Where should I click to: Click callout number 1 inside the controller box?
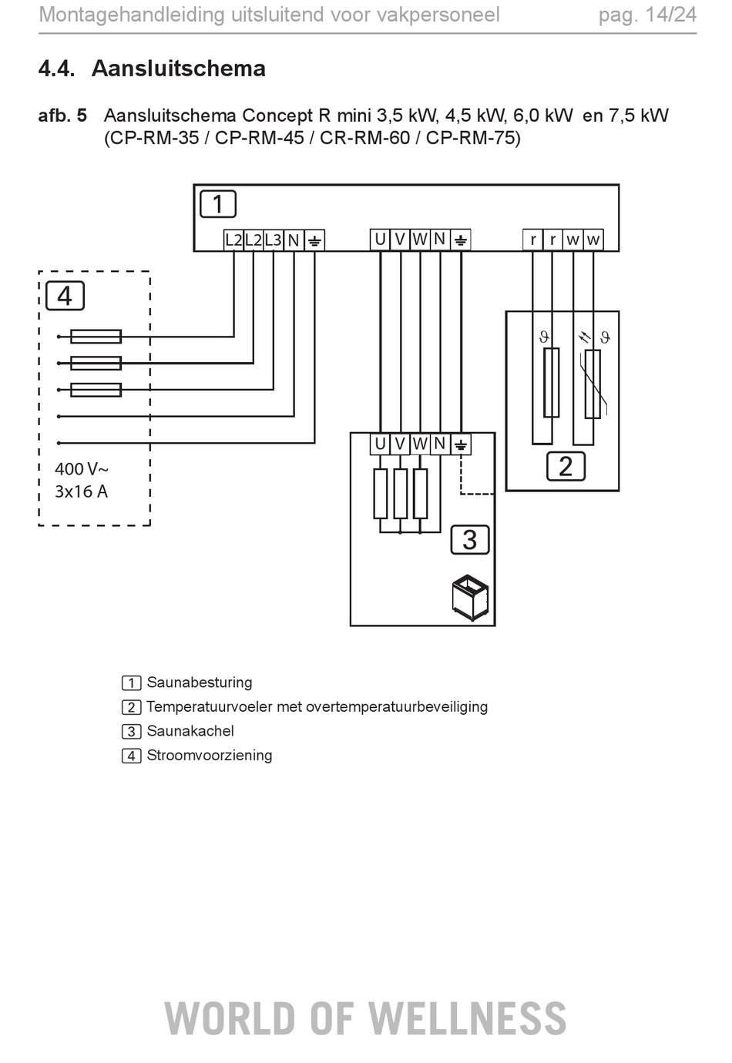pyautogui.click(x=218, y=204)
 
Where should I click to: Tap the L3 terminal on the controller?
pyautogui.click(x=274, y=240)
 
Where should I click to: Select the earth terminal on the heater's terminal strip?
pyautogui.click(x=461, y=445)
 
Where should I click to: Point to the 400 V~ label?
pyautogui.click(x=82, y=469)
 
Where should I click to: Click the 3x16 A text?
pyautogui.click(x=81, y=491)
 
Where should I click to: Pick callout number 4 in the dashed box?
pyautogui.click(x=65, y=296)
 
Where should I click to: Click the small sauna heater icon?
pyautogui.click(x=470, y=597)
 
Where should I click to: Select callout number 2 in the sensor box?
pyautogui.click(x=566, y=467)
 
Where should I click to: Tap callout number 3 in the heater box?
pyautogui.click(x=469, y=539)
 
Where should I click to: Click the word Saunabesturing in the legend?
pyautogui.click(x=200, y=682)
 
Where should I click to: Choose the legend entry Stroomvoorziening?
pyautogui.click(x=210, y=755)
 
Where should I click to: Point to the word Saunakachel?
pyautogui.click(x=190, y=731)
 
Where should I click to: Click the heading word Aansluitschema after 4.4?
pyautogui.click(x=178, y=69)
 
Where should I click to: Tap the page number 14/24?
pyautogui.click(x=671, y=15)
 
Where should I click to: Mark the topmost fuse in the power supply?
pyautogui.click(x=96, y=337)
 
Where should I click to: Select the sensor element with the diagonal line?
pyautogui.click(x=593, y=384)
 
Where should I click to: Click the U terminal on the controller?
pyautogui.click(x=380, y=240)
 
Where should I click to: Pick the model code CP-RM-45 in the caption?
pyautogui.click(x=259, y=138)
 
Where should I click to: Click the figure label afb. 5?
pyautogui.click(x=62, y=116)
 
